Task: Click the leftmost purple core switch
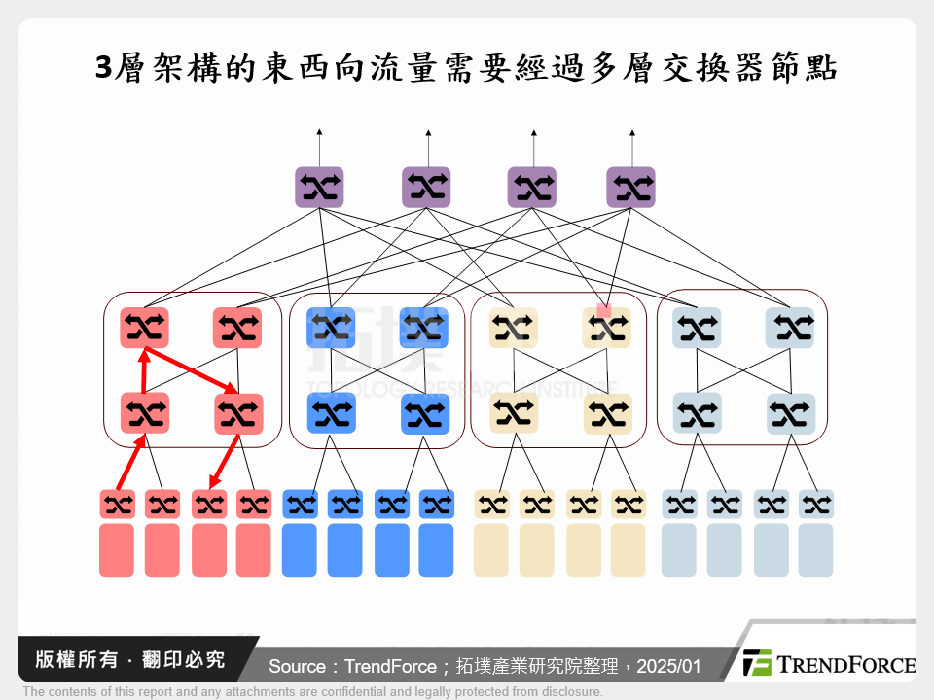(x=320, y=187)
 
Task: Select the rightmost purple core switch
(x=630, y=187)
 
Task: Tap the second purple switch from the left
(x=427, y=187)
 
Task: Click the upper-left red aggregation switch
(x=145, y=328)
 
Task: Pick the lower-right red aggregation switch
(x=238, y=413)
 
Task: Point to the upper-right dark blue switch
(x=425, y=328)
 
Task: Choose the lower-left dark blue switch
(x=332, y=413)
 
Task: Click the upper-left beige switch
(x=514, y=328)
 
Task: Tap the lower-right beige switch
(x=608, y=413)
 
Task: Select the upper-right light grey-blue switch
(x=790, y=328)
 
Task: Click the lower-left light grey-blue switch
(x=697, y=413)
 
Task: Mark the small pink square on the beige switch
(x=603, y=310)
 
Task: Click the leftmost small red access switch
(x=117, y=504)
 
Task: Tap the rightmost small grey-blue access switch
(x=816, y=504)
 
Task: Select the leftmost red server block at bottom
(x=117, y=550)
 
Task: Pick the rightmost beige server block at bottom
(x=629, y=550)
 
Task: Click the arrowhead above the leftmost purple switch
(x=320, y=131)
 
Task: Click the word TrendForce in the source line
(x=387, y=667)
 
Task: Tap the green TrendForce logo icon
(x=756, y=663)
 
